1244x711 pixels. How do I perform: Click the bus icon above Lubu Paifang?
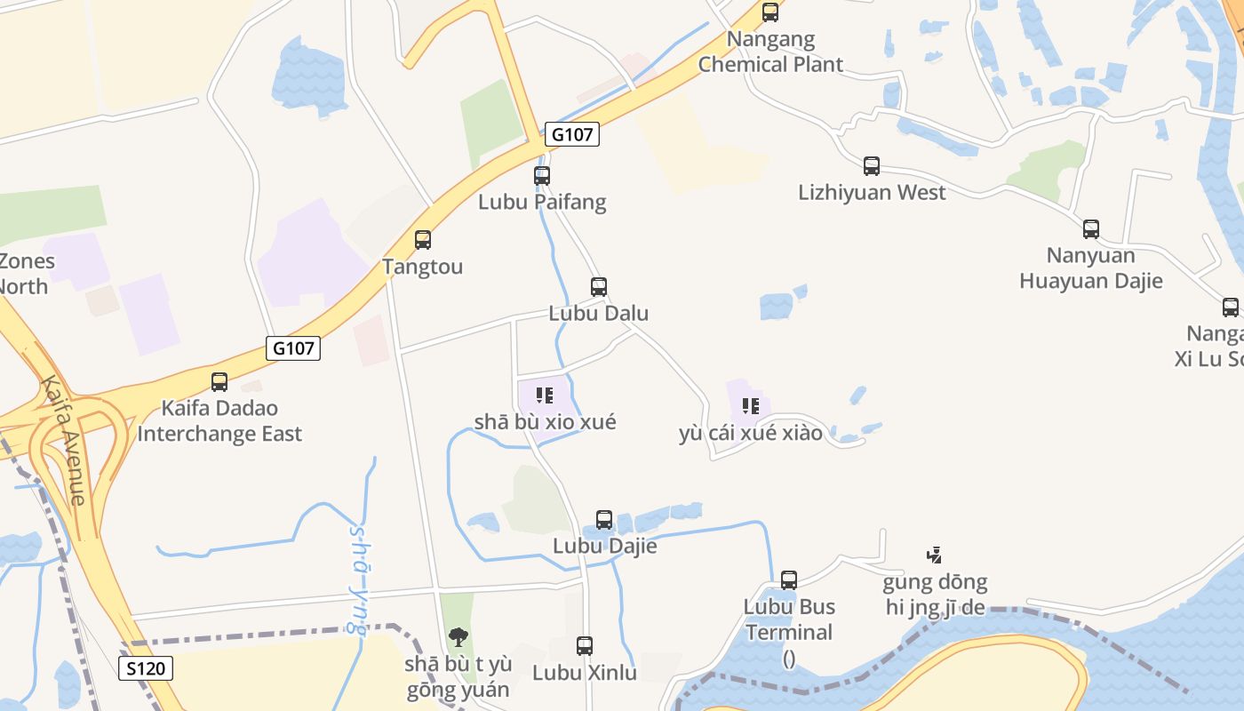pyautogui.click(x=542, y=176)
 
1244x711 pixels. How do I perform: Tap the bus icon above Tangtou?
pyautogui.click(x=423, y=240)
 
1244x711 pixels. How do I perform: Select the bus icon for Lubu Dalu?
pyautogui.click(x=599, y=287)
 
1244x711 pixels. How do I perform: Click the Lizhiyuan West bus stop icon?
pyautogui.click(x=872, y=166)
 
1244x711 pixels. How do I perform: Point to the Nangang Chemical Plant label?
pyautogui.click(x=770, y=52)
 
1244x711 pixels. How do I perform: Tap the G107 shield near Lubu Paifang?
pyautogui.click(x=572, y=134)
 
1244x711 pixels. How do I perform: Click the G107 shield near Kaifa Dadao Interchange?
pyautogui.click(x=293, y=348)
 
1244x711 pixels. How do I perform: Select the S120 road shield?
pyautogui.click(x=146, y=668)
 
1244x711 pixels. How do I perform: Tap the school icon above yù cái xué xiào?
pyautogui.click(x=751, y=406)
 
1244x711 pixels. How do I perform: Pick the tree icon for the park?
pyautogui.click(x=459, y=636)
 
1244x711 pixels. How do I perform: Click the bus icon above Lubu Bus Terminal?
pyautogui.click(x=789, y=580)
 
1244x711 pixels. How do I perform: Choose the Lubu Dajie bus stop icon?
pyautogui.click(x=604, y=520)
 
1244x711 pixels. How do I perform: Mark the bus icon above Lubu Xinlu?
pyautogui.click(x=585, y=646)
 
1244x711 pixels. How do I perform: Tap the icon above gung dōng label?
pyautogui.click(x=934, y=555)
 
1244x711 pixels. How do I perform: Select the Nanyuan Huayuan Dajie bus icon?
pyautogui.click(x=1091, y=229)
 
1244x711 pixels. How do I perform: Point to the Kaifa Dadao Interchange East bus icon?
pyautogui.click(x=219, y=382)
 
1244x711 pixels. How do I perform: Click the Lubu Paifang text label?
pyautogui.click(x=542, y=202)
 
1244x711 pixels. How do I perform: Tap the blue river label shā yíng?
pyautogui.click(x=358, y=578)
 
